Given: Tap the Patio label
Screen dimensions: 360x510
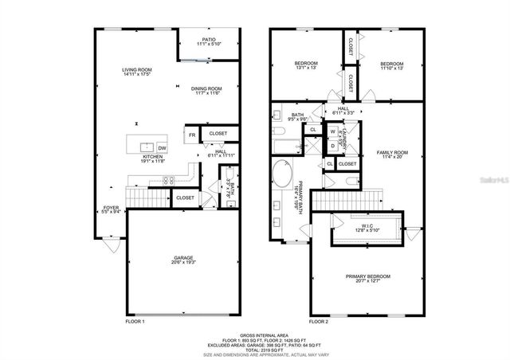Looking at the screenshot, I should pyautogui.click(x=209, y=41).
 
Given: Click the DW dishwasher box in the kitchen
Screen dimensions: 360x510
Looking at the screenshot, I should pyautogui.click(x=162, y=148).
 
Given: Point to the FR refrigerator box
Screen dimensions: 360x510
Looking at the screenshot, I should pyautogui.click(x=191, y=135).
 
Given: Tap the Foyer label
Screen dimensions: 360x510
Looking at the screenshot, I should pyautogui.click(x=111, y=210).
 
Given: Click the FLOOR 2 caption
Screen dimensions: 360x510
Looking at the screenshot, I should pyautogui.click(x=318, y=322).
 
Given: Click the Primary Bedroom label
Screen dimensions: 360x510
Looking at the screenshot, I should pyautogui.click(x=366, y=279).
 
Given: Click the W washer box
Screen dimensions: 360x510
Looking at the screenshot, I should pyautogui.click(x=332, y=131).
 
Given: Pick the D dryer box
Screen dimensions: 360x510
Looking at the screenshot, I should pyautogui.click(x=332, y=145).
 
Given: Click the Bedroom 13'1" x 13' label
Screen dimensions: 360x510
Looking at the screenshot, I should pyautogui.click(x=306, y=65).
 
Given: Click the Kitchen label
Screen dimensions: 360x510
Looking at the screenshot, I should pyautogui.click(x=153, y=158).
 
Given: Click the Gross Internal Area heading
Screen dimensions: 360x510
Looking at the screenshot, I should pyautogui.click(x=256, y=335).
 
